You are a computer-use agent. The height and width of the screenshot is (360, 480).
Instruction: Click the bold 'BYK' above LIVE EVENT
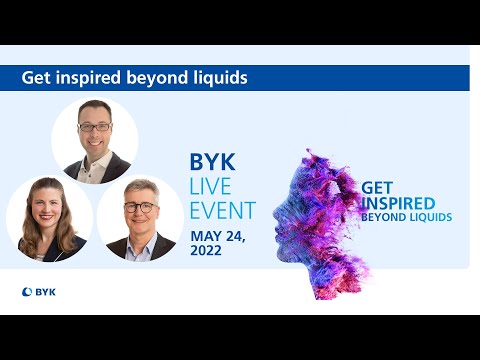[211, 163]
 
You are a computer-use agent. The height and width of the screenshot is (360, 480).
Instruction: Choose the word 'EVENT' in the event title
[223, 210]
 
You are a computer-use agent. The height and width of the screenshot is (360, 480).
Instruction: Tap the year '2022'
[208, 251]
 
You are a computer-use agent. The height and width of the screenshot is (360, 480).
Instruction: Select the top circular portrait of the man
[95, 140]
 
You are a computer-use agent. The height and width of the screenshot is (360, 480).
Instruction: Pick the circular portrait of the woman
[48, 219]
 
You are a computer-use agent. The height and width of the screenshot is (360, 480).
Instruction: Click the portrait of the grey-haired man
[140, 219]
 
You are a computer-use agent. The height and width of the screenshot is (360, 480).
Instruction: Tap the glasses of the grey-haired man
[141, 207]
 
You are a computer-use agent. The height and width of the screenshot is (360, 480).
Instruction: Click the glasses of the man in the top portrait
[95, 127]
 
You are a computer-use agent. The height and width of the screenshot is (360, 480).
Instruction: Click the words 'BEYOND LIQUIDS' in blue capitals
[407, 217]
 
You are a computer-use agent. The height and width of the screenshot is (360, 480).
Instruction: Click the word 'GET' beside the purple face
[376, 187]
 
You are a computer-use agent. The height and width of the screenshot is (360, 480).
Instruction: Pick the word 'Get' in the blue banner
[37, 77]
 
